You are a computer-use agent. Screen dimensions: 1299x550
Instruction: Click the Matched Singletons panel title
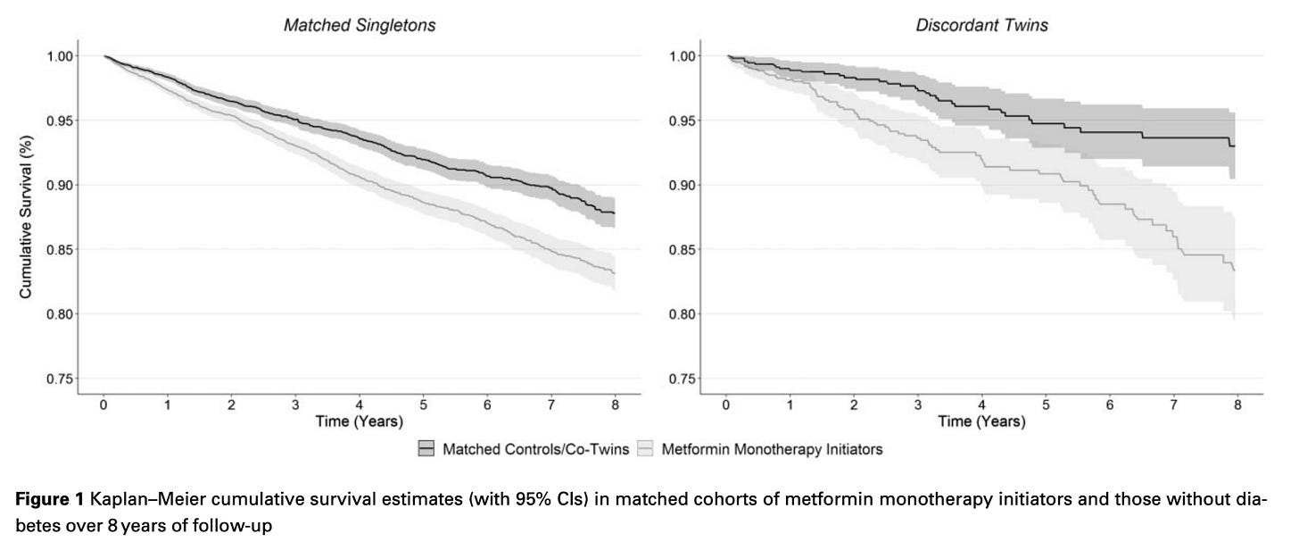[360, 26]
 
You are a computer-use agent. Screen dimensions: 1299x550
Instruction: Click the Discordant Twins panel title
[981, 26]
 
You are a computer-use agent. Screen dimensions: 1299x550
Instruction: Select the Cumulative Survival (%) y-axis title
[26, 217]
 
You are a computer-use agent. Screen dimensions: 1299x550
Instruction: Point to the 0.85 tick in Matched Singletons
[60, 250]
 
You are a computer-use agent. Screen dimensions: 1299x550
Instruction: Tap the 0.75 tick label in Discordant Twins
[682, 379]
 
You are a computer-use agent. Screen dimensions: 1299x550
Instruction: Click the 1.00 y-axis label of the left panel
[60, 56]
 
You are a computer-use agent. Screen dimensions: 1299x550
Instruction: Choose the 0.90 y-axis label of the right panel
[682, 186]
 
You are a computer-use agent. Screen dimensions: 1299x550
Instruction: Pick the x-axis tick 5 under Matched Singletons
[423, 405]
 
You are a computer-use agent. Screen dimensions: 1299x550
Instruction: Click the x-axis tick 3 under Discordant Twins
[918, 405]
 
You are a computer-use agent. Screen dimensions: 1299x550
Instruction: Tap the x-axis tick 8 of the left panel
[616, 405]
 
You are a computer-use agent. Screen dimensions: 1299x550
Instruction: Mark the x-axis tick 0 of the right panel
[726, 405]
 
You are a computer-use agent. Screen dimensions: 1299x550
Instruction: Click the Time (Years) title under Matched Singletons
[359, 421]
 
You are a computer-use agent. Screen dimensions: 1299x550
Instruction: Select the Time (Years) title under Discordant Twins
[981, 421]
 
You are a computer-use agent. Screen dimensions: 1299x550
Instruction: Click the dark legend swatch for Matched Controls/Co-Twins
[426, 449]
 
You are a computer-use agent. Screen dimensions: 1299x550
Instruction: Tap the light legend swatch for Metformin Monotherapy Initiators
[645, 449]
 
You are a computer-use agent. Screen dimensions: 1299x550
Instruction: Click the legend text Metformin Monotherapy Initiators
[772, 450]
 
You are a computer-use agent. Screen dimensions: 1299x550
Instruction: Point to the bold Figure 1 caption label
[50, 499]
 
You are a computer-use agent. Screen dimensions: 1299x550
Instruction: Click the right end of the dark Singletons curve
[615, 213]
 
